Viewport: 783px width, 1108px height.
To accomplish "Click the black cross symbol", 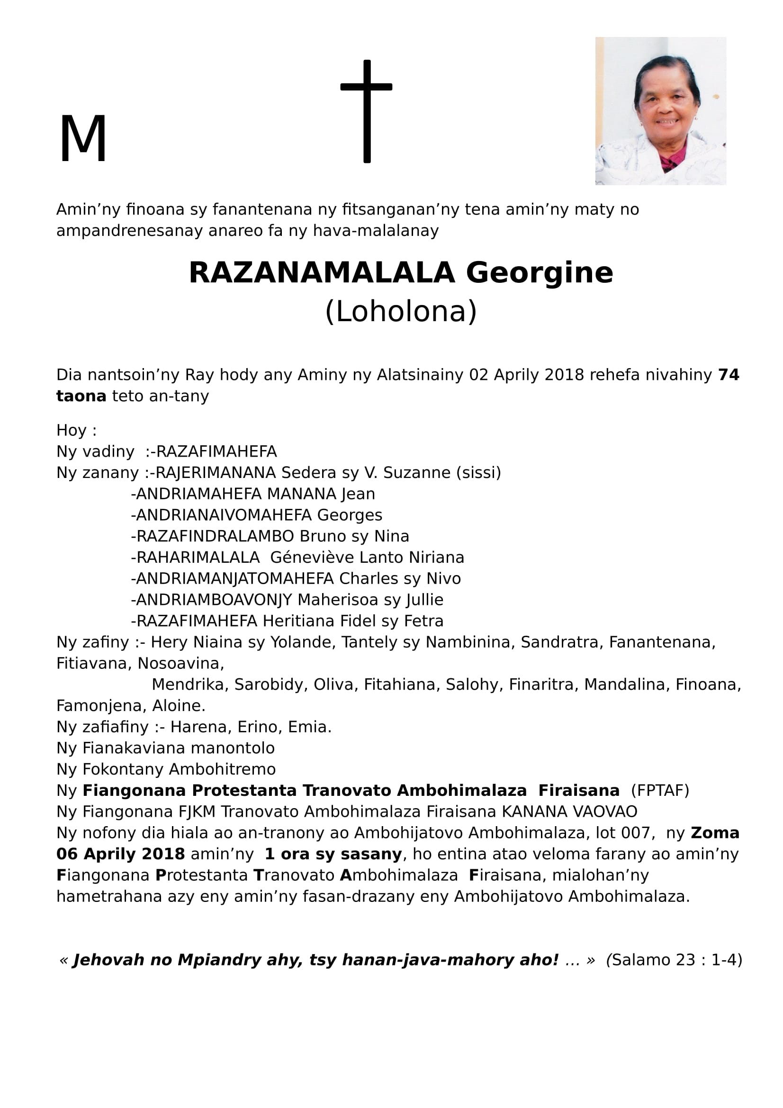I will pos(367,111).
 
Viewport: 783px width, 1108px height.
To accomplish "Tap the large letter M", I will pos(82,139).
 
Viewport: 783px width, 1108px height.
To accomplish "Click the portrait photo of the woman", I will pos(660,111).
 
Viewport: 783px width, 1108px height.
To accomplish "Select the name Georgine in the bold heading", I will pos(539,273).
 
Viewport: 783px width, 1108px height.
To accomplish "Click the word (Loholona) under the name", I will pos(401,312).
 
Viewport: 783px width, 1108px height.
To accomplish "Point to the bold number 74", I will pos(729,375).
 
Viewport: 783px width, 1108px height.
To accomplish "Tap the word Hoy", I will pos(72,430).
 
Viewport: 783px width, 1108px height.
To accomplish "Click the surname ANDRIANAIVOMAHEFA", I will pos(224,515).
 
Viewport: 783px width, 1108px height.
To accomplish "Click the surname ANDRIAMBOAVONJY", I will pos(214,600).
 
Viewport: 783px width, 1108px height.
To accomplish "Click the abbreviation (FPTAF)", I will pos(660,791).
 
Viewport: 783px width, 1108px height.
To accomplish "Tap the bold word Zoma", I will pos(715,833).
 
